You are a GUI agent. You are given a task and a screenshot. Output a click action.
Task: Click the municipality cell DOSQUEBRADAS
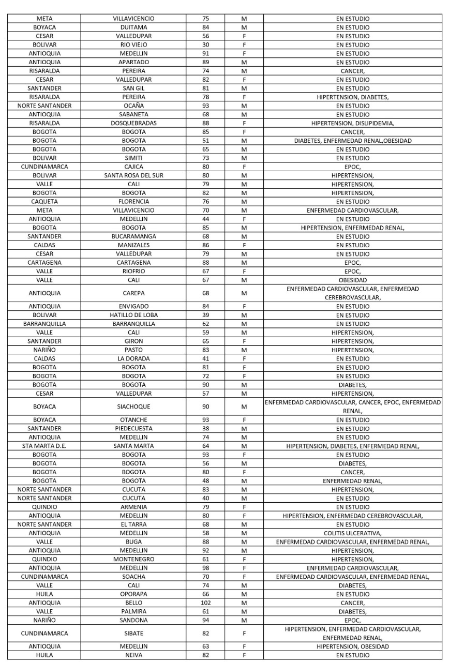coord(133,123)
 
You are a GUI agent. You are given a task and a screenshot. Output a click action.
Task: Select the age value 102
coord(205,603)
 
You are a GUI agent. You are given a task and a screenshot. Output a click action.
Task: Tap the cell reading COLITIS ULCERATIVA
coord(353,533)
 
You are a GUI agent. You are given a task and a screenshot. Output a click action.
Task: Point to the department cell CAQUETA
coord(44,201)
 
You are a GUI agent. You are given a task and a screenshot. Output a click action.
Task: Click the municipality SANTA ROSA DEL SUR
coord(133,175)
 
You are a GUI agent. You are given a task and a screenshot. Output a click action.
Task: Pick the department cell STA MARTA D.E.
coord(44,446)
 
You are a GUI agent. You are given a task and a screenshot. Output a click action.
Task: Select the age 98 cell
coord(205,568)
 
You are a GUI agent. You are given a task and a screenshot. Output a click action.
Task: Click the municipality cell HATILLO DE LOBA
coord(133,315)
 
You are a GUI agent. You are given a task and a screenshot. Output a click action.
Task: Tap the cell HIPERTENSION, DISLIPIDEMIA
coord(353,123)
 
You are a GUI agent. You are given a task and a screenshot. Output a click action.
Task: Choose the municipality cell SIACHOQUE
coord(133,407)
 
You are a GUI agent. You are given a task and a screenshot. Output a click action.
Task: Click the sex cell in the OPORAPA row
coord(244,594)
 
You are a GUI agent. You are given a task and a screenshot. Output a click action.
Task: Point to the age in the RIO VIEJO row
coord(205,44)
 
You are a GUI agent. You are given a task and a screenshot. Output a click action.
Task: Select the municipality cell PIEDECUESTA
coord(133,428)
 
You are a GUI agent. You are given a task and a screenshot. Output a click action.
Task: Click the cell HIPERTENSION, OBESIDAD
coord(353,646)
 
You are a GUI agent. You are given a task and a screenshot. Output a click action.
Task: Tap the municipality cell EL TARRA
coord(133,524)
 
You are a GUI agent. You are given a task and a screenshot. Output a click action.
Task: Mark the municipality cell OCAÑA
coord(133,106)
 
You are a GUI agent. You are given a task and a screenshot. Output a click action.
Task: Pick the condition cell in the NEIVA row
coord(353,655)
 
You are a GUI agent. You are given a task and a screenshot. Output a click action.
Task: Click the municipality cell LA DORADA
coord(133,358)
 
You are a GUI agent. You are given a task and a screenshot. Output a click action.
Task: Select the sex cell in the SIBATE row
coord(244,633)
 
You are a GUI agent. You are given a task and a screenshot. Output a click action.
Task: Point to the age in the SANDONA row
coord(205,620)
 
